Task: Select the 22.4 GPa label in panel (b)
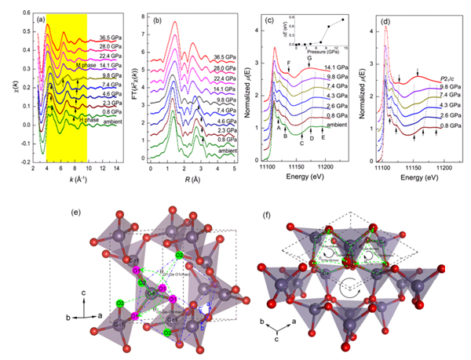click(x=225, y=68)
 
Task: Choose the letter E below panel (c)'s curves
click(x=323, y=137)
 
